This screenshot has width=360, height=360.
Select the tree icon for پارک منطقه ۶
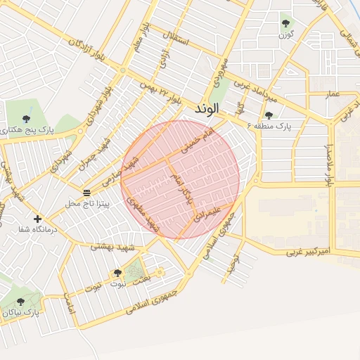point(269,115)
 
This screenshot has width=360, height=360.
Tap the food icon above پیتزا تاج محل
point(87,193)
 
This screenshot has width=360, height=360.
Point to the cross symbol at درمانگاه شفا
point(37,219)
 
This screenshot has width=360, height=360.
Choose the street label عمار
point(333,94)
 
